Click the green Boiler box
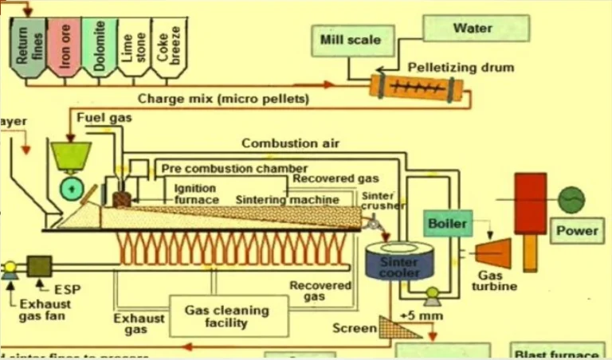[447, 224]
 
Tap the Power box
[576, 231]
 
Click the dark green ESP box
[39, 265]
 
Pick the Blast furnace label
[557, 354]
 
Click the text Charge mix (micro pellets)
[224, 100]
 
